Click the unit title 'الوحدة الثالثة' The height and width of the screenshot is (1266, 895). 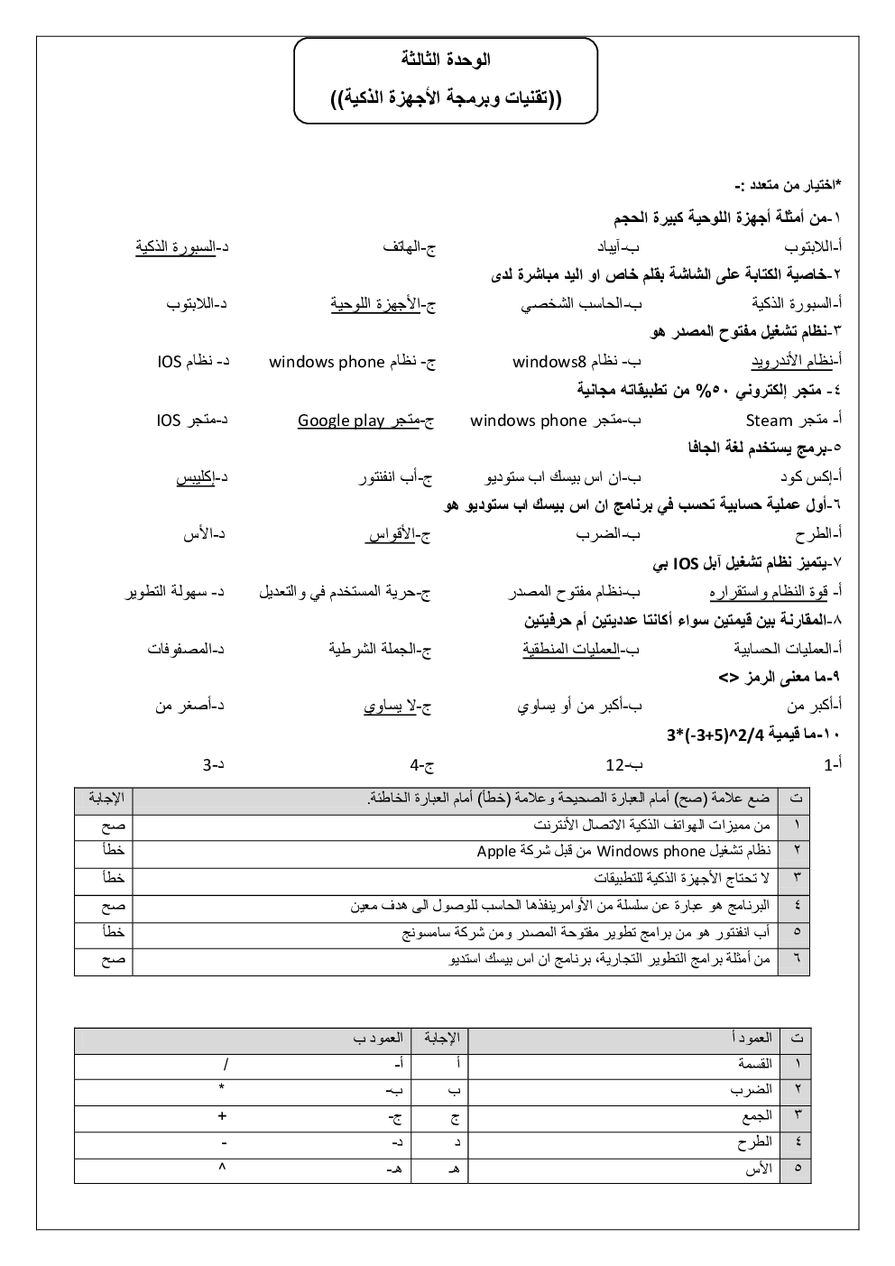click(446, 60)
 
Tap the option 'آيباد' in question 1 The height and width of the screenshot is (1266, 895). click(616, 246)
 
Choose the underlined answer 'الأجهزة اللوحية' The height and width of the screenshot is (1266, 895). click(383, 304)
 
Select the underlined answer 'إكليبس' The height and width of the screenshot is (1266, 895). click(201, 477)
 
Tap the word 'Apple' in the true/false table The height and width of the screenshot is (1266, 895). click(495, 851)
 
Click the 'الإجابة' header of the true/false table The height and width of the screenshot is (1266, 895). click(106, 798)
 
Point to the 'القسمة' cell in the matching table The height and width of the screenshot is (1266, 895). click(755, 1064)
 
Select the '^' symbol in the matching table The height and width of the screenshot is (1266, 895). click(223, 1168)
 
